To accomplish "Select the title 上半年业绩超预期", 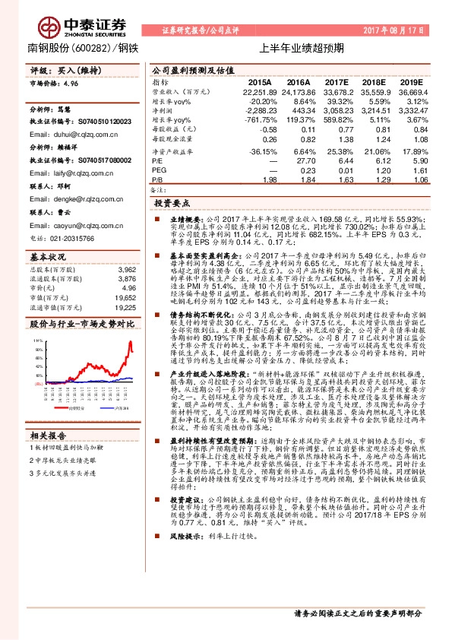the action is tap(302, 48).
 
